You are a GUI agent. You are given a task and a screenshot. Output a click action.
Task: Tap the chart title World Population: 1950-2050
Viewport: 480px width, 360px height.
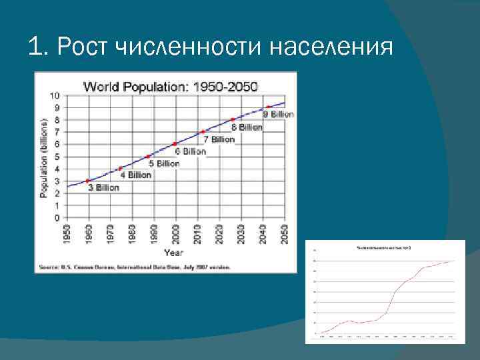170,86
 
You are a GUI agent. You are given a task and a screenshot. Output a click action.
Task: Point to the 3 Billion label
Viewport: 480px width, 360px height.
104,187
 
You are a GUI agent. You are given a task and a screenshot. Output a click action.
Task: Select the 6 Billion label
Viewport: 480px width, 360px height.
191,151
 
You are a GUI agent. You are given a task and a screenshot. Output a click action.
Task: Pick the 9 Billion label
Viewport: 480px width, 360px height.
278,114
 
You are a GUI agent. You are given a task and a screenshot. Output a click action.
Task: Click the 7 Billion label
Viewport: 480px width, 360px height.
219,139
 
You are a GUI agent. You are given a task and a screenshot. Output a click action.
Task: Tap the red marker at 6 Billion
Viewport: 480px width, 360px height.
175,144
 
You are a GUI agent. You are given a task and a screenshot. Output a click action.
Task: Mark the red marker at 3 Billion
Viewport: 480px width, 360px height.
88,181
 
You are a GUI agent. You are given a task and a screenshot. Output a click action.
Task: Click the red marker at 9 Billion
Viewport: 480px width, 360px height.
268,107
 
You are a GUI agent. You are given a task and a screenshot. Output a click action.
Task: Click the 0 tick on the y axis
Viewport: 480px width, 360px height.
57,218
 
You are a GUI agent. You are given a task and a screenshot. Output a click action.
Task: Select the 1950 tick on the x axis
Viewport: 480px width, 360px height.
67,233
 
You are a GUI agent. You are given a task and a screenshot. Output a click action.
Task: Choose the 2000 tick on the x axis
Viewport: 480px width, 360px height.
175,233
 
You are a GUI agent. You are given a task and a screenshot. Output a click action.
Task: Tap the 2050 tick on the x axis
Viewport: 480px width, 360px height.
284,233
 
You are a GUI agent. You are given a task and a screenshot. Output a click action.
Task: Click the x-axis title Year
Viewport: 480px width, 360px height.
174,253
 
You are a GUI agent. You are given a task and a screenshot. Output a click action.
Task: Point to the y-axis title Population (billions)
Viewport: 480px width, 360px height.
43,157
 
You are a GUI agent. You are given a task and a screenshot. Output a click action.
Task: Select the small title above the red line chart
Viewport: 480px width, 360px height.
385,247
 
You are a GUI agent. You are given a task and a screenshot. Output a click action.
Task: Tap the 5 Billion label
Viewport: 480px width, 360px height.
164,163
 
